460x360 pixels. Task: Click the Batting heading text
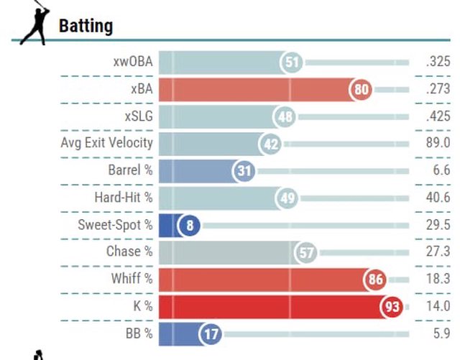coord(86,27)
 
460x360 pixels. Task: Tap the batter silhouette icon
coord(34,26)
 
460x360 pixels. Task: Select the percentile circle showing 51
coord(292,63)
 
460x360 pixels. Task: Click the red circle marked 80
coord(362,90)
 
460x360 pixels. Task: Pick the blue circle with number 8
coord(190,225)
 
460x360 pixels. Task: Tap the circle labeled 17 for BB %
coord(210,333)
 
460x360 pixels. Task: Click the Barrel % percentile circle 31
coord(244,171)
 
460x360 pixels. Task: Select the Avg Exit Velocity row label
coord(107,142)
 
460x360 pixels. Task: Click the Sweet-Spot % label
coord(116,225)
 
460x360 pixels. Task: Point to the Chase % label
coord(129,251)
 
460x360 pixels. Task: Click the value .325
coord(437,63)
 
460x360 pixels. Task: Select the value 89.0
coord(438,143)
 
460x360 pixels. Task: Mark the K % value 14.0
coord(438,306)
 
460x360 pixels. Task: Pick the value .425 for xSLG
coord(437,116)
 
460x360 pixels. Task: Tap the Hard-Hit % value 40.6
coord(438,198)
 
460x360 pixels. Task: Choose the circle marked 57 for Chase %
coord(306,252)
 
